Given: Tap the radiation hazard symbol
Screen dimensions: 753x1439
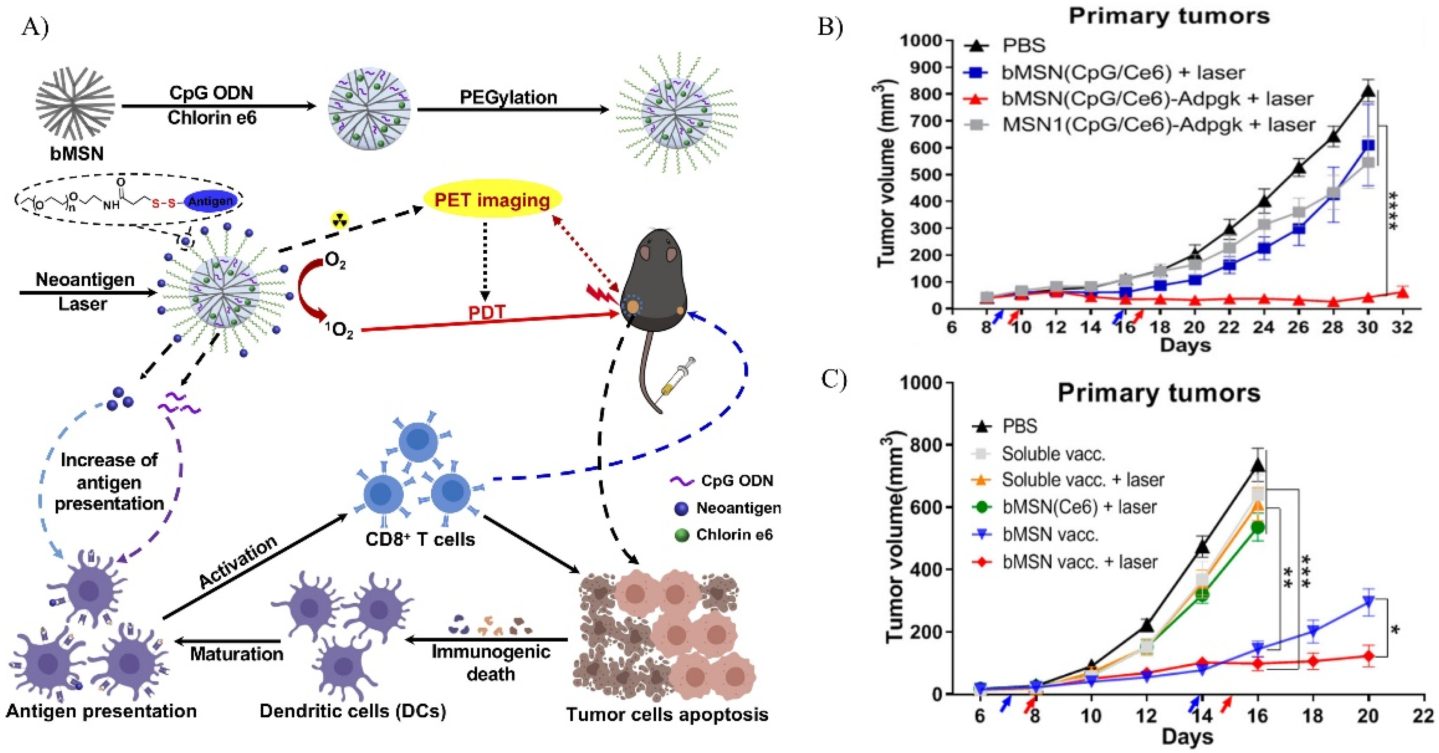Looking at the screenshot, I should [x=339, y=219].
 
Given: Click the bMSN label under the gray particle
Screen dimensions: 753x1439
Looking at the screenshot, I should [x=77, y=153].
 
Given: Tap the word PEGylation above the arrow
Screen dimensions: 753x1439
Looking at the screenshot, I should [x=508, y=97].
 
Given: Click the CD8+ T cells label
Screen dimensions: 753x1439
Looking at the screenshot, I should [x=420, y=539].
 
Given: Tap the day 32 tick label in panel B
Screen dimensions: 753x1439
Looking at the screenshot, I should [x=1402, y=326].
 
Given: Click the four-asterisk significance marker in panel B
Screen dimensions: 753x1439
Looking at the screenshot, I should [x=1393, y=210].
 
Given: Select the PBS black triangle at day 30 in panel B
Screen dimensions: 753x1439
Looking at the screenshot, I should [x=1368, y=91].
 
